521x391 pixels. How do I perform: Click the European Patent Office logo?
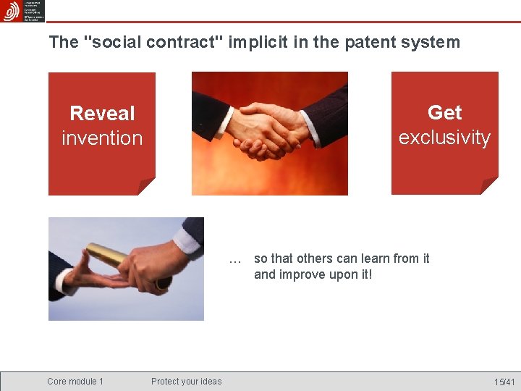tap(12, 12)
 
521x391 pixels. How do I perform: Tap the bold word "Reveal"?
tap(102, 114)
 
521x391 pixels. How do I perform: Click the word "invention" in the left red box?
tap(102, 138)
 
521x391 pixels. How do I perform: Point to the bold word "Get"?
tap(444, 113)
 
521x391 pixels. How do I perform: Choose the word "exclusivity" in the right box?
tap(444, 138)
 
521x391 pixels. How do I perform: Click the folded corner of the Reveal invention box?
tap(148, 187)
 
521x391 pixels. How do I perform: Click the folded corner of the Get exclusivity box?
tap(491, 186)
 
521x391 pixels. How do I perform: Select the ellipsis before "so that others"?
tap(234, 259)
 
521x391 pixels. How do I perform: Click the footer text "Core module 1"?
tap(75, 382)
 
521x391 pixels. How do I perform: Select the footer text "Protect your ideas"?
tap(186, 382)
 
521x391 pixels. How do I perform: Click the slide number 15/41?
tap(504, 382)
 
